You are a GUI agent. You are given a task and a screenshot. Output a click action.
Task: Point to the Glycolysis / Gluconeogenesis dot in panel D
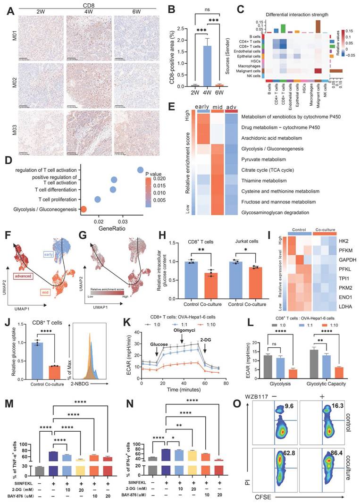[x=84, y=209]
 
